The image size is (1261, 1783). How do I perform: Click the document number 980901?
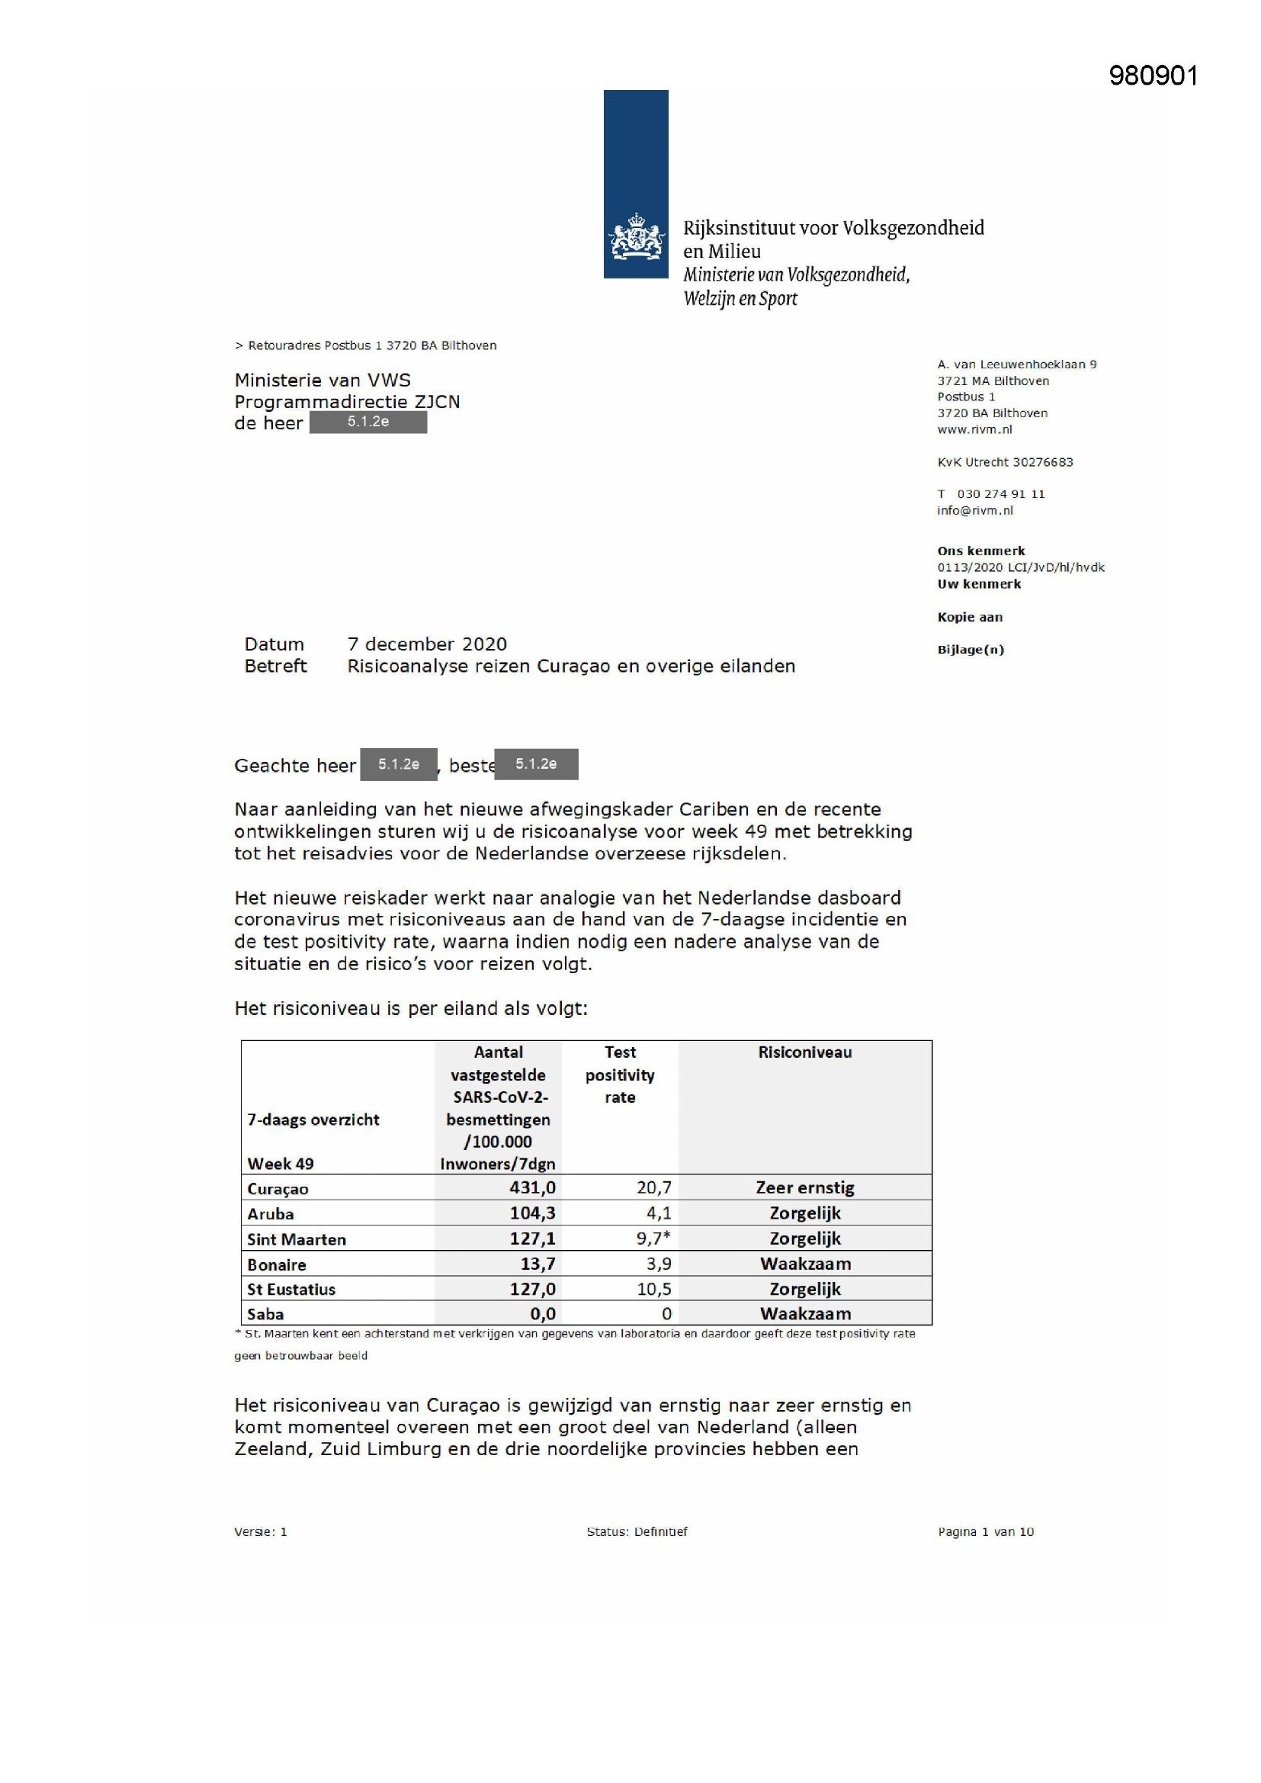(x=1153, y=76)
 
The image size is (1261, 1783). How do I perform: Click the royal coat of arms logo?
(x=636, y=236)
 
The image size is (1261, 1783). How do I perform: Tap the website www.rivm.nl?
(x=974, y=429)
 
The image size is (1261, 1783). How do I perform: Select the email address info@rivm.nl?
(x=974, y=510)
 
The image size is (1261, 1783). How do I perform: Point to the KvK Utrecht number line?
(x=1005, y=462)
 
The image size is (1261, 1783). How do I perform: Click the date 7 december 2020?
(x=427, y=644)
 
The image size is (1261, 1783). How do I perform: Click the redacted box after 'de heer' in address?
(x=368, y=422)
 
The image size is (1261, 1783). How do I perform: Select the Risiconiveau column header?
(x=804, y=1052)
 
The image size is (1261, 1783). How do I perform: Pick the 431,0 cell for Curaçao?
(x=532, y=1187)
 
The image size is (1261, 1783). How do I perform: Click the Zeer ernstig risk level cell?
(x=804, y=1187)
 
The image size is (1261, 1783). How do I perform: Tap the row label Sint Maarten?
(x=296, y=1239)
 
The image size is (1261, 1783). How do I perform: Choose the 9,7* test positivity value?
(x=653, y=1238)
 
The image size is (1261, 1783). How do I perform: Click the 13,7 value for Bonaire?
(x=537, y=1264)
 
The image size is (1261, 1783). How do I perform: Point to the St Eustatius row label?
(x=291, y=1289)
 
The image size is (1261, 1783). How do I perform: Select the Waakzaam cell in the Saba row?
(x=805, y=1314)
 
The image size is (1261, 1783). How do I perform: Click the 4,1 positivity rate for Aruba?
(x=659, y=1213)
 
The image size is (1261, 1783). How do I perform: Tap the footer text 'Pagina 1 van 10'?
(x=985, y=1532)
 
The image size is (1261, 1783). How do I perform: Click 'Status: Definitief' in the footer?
(x=637, y=1532)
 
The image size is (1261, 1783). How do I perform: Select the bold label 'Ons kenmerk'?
(x=980, y=551)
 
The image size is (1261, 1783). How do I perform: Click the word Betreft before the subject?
(x=275, y=666)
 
